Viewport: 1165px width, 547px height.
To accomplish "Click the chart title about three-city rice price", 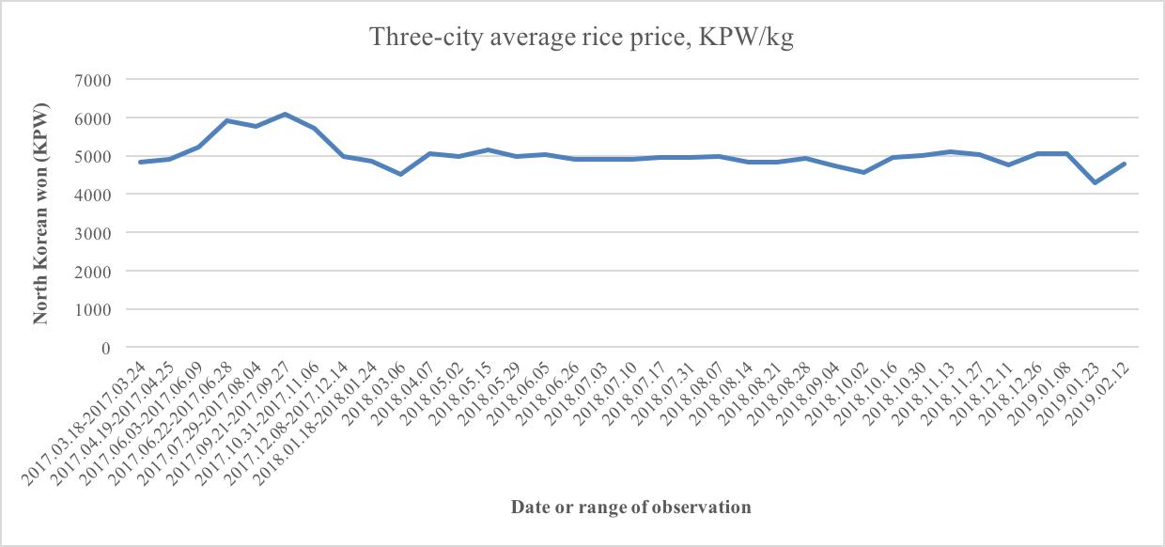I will point(582,38).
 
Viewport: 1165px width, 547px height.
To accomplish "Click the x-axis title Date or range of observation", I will point(631,508).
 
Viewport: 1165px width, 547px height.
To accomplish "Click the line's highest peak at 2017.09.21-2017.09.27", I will point(285,114).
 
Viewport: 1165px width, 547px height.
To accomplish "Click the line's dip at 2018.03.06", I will point(400,174).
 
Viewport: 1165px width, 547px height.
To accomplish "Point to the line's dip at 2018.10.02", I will point(863,172).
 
